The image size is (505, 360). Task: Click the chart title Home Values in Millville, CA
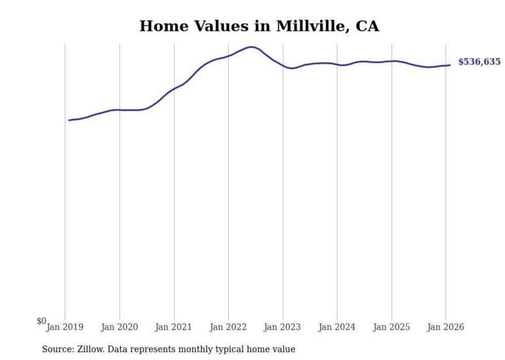point(259,26)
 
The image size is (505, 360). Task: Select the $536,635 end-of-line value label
point(479,62)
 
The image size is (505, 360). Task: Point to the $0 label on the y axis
point(41,321)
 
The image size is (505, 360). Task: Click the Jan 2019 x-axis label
point(65,327)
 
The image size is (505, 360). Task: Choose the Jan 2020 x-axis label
point(120,327)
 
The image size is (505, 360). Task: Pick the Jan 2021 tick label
point(174,327)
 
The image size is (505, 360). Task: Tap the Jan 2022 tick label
point(228,327)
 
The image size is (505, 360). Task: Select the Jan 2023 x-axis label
point(282,327)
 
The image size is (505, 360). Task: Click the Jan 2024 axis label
point(337,327)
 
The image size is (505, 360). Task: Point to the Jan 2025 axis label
point(391,327)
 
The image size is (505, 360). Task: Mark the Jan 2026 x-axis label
point(446,327)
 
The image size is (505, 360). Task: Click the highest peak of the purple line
point(251,47)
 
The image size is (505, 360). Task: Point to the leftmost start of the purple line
point(69,120)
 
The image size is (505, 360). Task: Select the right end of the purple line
point(450,65)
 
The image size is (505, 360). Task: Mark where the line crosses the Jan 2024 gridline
point(337,64)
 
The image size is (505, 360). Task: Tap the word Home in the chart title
point(159,26)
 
